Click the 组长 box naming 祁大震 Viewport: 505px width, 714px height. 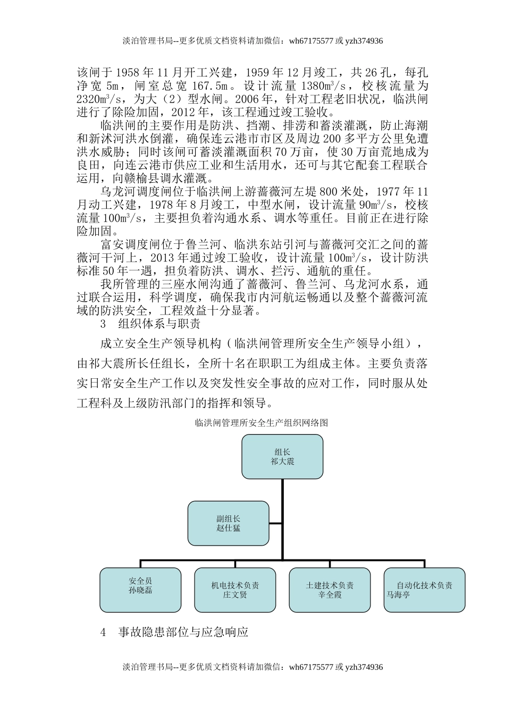coord(282,456)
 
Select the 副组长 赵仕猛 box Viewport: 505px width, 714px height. coord(228,523)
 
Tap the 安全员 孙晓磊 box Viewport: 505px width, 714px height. coord(140,590)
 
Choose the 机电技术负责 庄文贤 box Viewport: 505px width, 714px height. coord(235,590)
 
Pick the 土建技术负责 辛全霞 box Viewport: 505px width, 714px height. coord(330,590)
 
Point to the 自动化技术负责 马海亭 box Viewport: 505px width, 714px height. coord(424,590)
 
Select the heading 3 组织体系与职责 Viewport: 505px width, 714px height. coord(150,324)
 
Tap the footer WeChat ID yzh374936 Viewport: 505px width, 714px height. coord(364,667)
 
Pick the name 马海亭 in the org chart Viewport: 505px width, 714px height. coord(398,595)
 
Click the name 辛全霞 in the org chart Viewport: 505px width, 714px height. coord(330,595)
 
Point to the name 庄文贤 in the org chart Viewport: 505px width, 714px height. coord(235,595)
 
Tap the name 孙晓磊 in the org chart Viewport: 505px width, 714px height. coord(140,590)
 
